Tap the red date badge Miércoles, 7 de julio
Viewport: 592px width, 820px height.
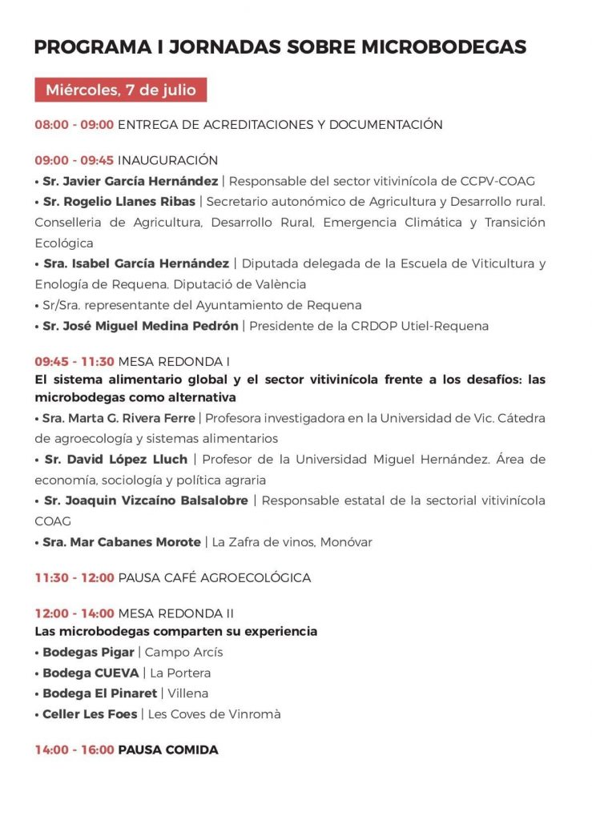tap(120, 90)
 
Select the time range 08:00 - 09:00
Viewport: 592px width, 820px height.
tap(75, 125)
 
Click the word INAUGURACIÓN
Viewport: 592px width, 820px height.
tap(167, 160)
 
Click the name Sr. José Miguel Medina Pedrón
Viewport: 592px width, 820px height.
tap(140, 326)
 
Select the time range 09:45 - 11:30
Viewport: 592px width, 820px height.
tap(75, 361)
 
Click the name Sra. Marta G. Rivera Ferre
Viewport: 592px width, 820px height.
tap(120, 418)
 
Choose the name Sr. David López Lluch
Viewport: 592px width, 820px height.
tap(115, 460)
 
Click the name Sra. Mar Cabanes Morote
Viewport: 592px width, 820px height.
tap(122, 542)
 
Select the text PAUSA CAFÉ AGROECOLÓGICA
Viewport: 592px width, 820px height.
tap(214, 577)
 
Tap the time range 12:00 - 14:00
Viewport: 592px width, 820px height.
tap(75, 613)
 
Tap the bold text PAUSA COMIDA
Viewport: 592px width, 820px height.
tap(168, 750)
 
